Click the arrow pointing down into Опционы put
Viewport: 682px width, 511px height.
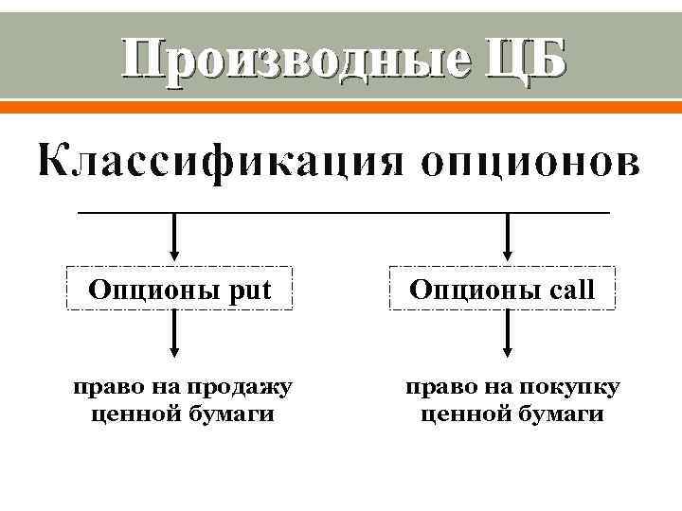pyautogui.click(x=174, y=236)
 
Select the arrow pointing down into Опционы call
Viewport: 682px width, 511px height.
pyautogui.click(x=510, y=236)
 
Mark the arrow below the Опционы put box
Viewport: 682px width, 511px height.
pyautogui.click(x=174, y=335)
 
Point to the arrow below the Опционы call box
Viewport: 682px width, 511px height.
pyautogui.click(x=510, y=335)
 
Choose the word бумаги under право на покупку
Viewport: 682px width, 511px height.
pyautogui.click(x=559, y=414)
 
